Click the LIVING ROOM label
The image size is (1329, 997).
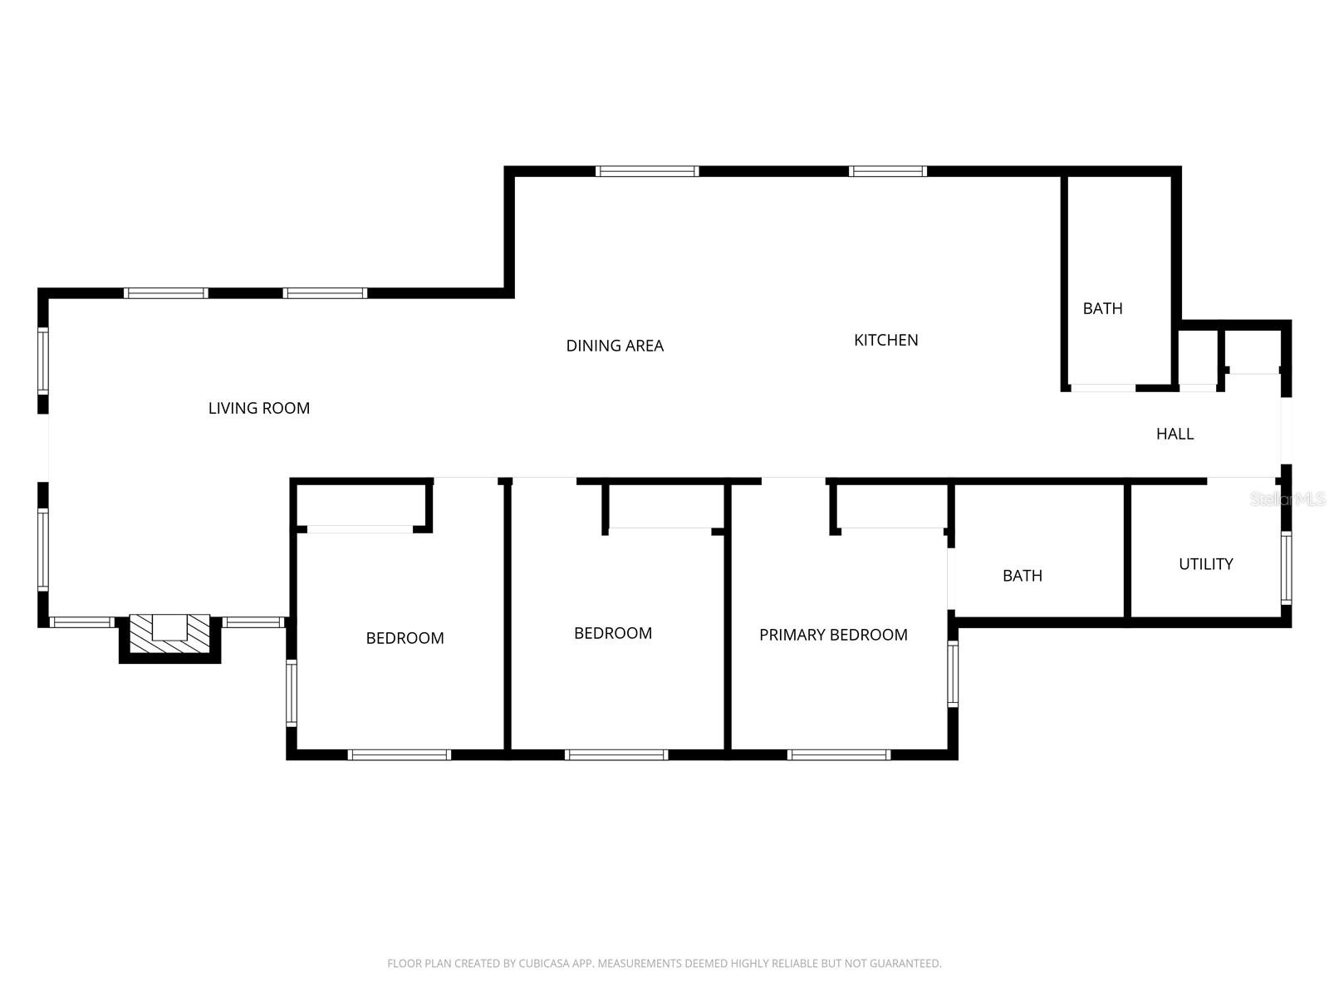[x=258, y=408]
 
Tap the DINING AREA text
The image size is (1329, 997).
[x=615, y=346]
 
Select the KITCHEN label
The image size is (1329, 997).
[x=885, y=340]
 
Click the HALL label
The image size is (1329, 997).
[x=1175, y=434]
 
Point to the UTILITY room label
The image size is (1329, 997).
[x=1205, y=564]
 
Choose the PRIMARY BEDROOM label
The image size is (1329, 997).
[x=833, y=635]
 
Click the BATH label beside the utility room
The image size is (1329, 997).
[x=1022, y=576]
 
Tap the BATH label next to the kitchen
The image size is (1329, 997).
[x=1102, y=308]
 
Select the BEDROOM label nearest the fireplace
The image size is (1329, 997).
[x=405, y=638]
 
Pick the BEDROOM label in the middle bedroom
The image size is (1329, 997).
[x=613, y=633]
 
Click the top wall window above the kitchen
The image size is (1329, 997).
[x=887, y=171]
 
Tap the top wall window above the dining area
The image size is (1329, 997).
[x=646, y=171]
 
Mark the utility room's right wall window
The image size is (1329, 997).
[x=1286, y=567]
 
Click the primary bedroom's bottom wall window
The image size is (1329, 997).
[x=838, y=754]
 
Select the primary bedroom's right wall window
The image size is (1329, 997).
[x=953, y=674]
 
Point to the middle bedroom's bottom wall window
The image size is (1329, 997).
[x=615, y=754]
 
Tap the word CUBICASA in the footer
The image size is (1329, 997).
[x=548, y=964]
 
